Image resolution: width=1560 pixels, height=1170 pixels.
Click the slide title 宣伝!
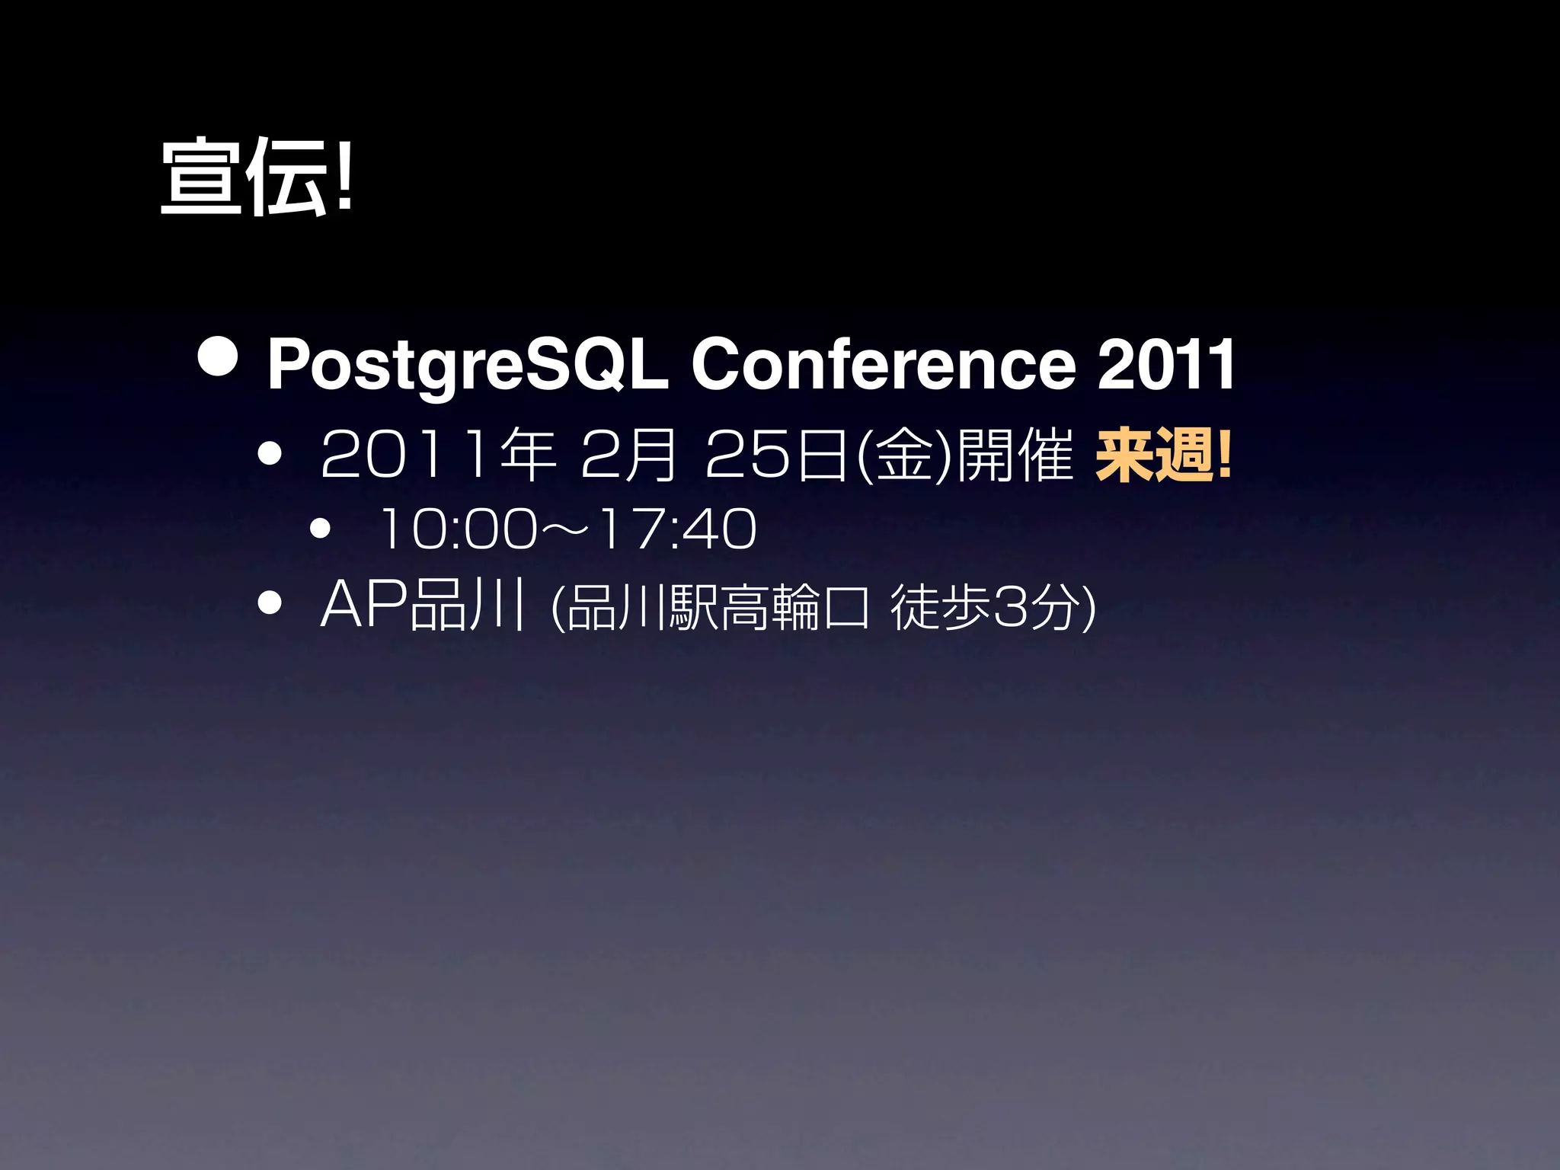click(257, 177)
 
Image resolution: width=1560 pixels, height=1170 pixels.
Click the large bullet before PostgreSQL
click(217, 356)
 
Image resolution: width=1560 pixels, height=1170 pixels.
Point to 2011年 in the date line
click(438, 455)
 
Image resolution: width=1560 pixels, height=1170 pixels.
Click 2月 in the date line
click(628, 455)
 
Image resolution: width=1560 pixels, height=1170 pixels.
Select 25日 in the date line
click(777, 455)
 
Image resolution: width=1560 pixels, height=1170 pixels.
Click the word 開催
click(1015, 455)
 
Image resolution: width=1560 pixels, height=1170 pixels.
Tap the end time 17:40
click(678, 529)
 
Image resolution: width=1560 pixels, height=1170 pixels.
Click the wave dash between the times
click(567, 529)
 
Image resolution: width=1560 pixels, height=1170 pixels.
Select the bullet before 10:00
click(320, 528)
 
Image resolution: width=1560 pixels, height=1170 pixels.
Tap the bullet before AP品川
click(270, 603)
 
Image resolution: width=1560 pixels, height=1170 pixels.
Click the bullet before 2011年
click(270, 455)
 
